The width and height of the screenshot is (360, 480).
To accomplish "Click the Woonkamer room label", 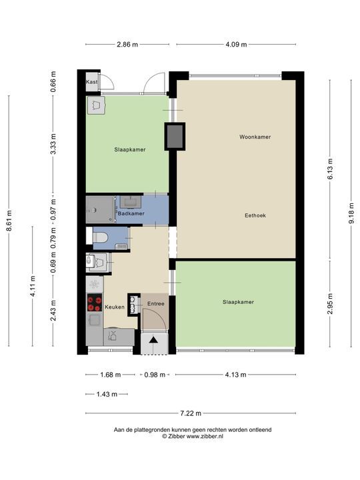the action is coord(255,137).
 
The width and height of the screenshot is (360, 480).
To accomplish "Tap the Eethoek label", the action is coord(255,215).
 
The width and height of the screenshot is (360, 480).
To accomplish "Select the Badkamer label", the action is coord(131,213).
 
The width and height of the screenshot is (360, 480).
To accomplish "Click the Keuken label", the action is coord(115,307).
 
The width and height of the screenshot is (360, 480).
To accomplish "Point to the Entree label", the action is coord(156,304).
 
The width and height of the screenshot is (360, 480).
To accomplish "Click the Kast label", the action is coord(91,82).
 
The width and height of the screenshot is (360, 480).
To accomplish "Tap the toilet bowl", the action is coord(100,237).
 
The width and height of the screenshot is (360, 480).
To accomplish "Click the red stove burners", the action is coord(95,303).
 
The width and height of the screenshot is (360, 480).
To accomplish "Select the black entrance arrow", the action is coord(153,339).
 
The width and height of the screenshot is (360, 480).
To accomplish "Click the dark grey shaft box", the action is coord(175,136).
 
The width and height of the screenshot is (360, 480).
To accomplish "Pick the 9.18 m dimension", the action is coord(351,213).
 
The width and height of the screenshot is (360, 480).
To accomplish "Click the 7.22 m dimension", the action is coord(191,413).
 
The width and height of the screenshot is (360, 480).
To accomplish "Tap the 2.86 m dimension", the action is coord(127,45).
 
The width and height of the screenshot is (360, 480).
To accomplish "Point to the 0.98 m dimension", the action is coord(155,375).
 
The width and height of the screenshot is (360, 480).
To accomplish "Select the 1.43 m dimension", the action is coord(107,394).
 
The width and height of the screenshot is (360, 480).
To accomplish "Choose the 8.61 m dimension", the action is coord(9,221).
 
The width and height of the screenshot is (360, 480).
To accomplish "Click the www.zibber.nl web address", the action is coord(205,437).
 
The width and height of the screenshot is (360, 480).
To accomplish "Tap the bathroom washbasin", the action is coord(131,202).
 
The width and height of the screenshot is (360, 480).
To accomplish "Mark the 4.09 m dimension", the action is coord(236,45).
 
